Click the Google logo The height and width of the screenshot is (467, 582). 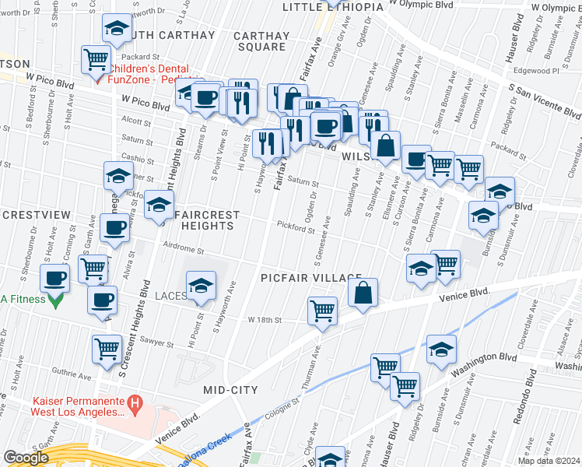pyautogui.click(x=26, y=458)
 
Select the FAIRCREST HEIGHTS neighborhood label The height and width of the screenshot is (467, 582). pyautogui.click(x=204, y=219)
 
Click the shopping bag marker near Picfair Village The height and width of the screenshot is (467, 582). pyautogui.click(x=363, y=293)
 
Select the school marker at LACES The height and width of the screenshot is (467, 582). pyautogui.click(x=201, y=286)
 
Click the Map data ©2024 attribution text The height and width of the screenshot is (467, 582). pyautogui.click(x=549, y=461)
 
